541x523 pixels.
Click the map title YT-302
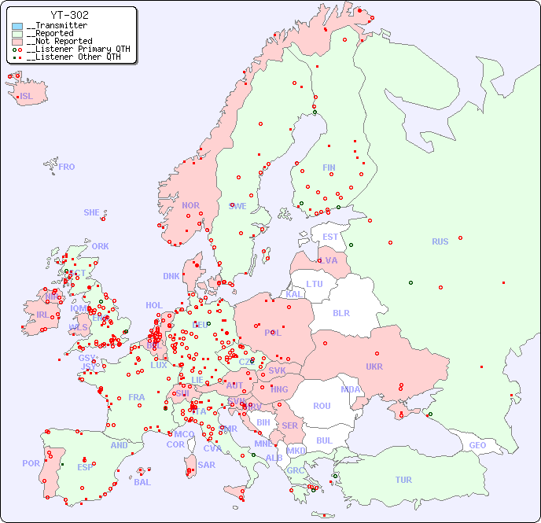click(x=69, y=15)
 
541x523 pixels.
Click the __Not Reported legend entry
click(x=59, y=41)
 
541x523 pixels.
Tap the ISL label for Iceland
click(x=27, y=97)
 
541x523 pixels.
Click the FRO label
click(x=67, y=167)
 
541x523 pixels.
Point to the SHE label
click(x=92, y=212)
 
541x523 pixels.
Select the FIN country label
click(x=329, y=168)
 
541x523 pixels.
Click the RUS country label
click(x=440, y=241)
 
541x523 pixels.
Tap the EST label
click(x=330, y=237)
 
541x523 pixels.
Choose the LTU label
click(x=315, y=284)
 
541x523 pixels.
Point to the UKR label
click(x=374, y=366)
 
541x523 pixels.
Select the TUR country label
click(x=403, y=480)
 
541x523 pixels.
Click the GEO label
click(x=477, y=445)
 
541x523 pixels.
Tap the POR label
click(x=31, y=463)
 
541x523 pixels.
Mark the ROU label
click(x=322, y=406)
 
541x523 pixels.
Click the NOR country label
click(x=190, y=205)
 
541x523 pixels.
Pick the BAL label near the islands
click(x=142, y=482)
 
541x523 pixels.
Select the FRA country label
click(x=137, y=397)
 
